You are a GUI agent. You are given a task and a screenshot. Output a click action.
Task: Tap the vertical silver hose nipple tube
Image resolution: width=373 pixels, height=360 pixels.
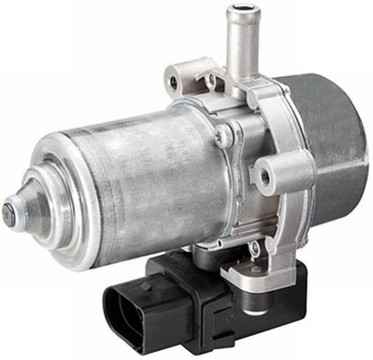tap(238, 45)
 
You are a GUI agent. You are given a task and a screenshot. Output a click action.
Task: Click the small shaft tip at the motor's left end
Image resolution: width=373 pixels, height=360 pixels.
tap(9, 213)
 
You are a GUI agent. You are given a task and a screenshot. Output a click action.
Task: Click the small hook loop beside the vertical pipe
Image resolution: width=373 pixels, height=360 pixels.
tap(213, 80)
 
